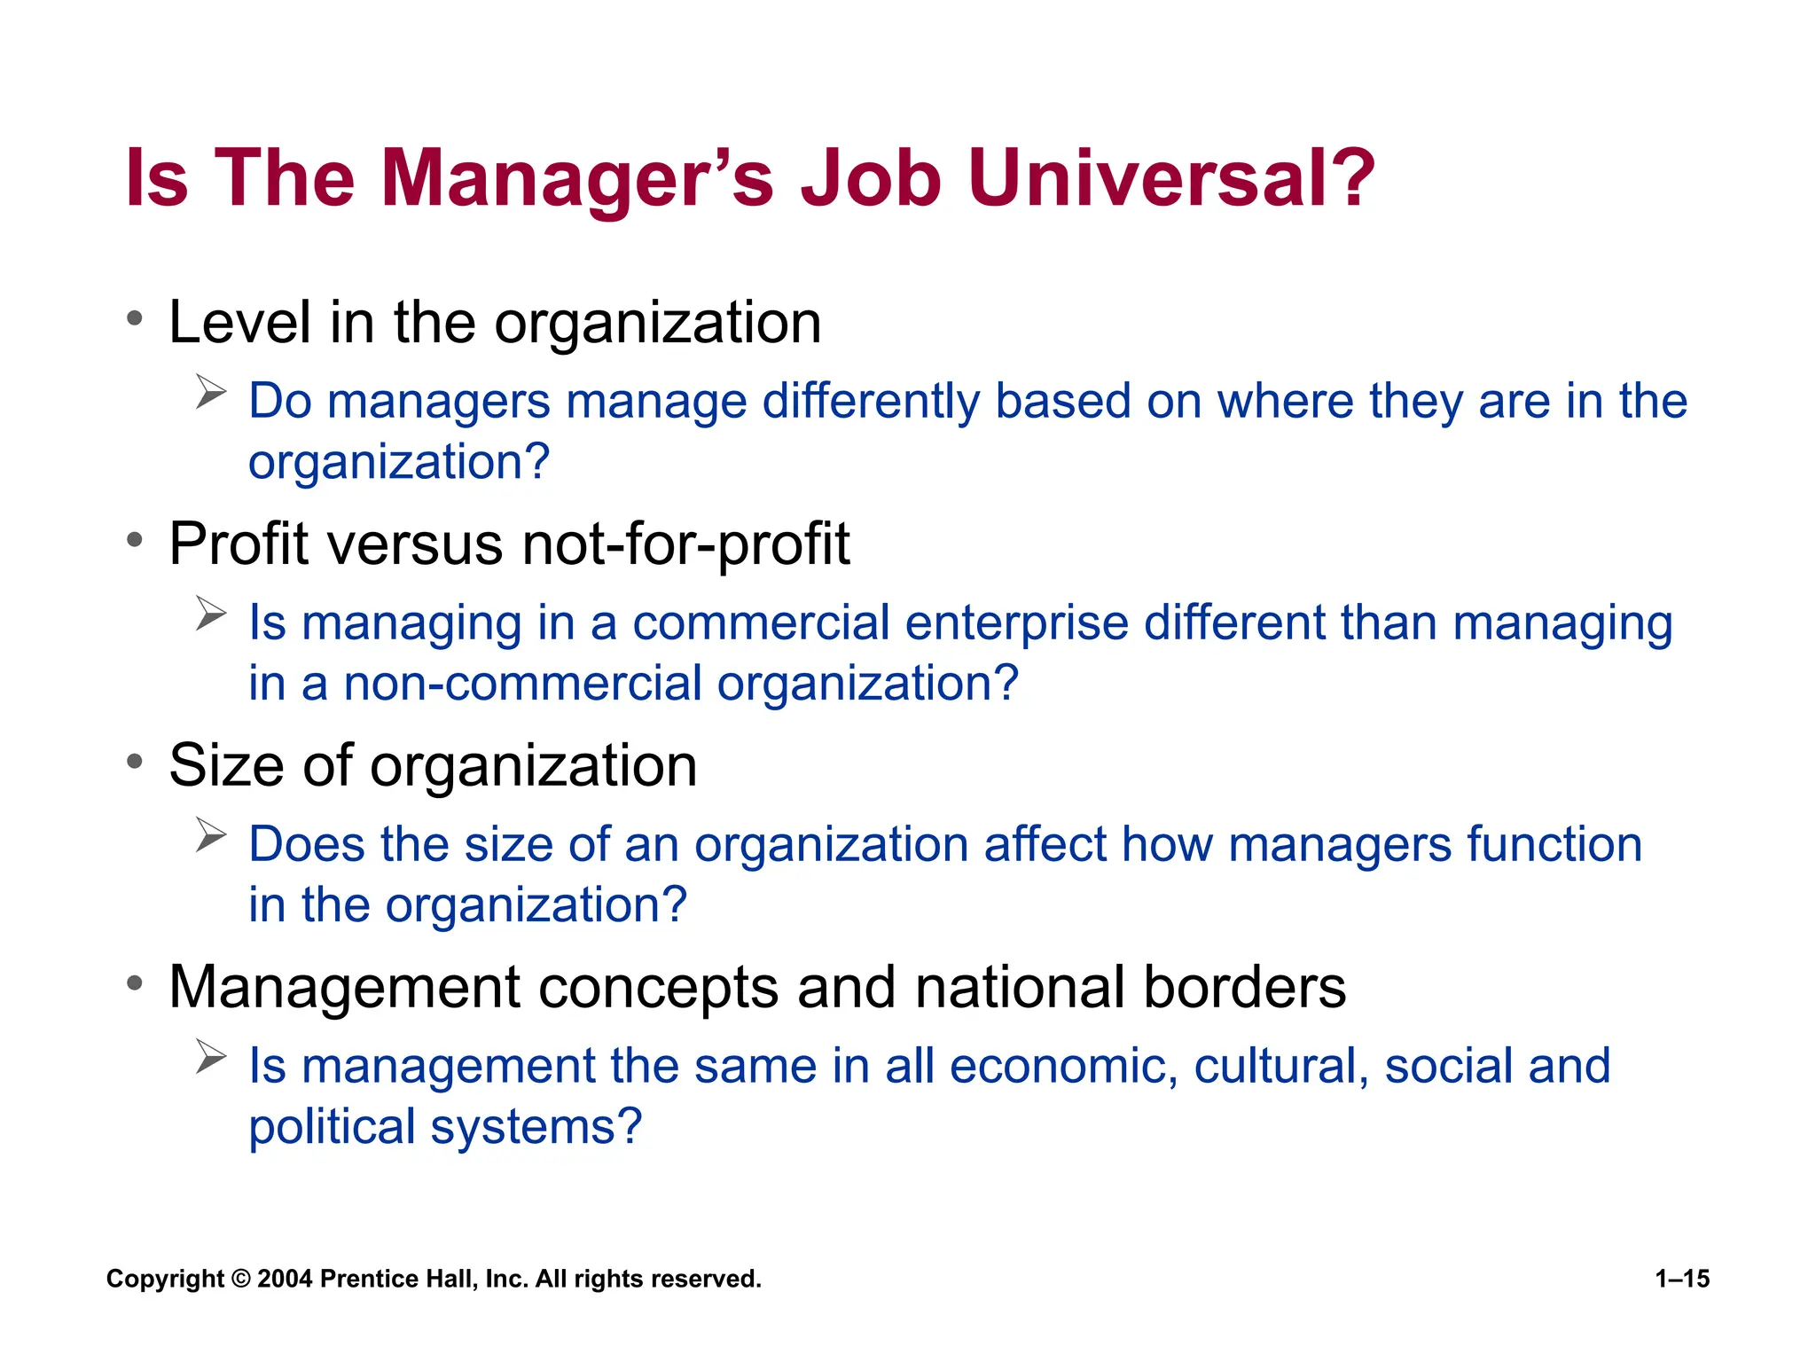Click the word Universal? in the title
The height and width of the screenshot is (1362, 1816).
(x=1170, y=179)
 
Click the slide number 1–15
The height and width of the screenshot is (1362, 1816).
(x=1682, y=1279)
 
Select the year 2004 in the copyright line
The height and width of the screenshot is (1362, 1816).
(x=285, y=1279)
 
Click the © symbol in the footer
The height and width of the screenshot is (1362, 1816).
(x=240, y=1279)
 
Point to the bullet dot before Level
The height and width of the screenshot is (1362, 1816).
(x=135, y=318)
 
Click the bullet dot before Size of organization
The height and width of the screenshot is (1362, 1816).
(x=135, y=762)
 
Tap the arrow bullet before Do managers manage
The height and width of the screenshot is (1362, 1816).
(x=211, y=391)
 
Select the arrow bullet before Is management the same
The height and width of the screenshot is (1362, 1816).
(x=211, y=1056)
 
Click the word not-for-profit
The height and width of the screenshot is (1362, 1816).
(x=685, y=544)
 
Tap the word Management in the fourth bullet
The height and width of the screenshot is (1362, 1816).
(x=344, y=987)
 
